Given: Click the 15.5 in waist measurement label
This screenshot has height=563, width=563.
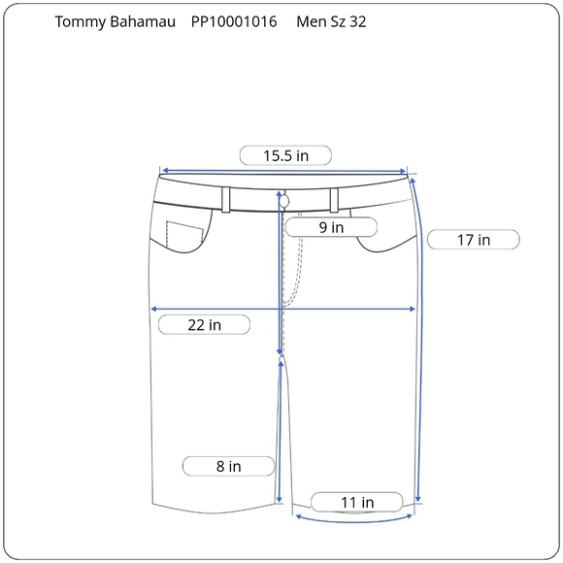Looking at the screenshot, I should point(285,155).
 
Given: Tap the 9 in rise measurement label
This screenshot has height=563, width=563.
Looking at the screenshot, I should point(331,227).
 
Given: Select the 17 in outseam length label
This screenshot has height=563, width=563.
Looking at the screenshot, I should point(473,239).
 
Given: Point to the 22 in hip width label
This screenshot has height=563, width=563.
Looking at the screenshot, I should point(204,324).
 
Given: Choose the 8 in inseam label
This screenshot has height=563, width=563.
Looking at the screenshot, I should point(228,466).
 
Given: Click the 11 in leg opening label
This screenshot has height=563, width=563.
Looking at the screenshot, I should point(356,502).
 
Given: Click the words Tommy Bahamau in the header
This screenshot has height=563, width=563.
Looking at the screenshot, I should point(110,22).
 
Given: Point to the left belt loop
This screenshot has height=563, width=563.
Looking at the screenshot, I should point(226,198).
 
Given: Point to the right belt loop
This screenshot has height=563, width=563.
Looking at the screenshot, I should point(333,198).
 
